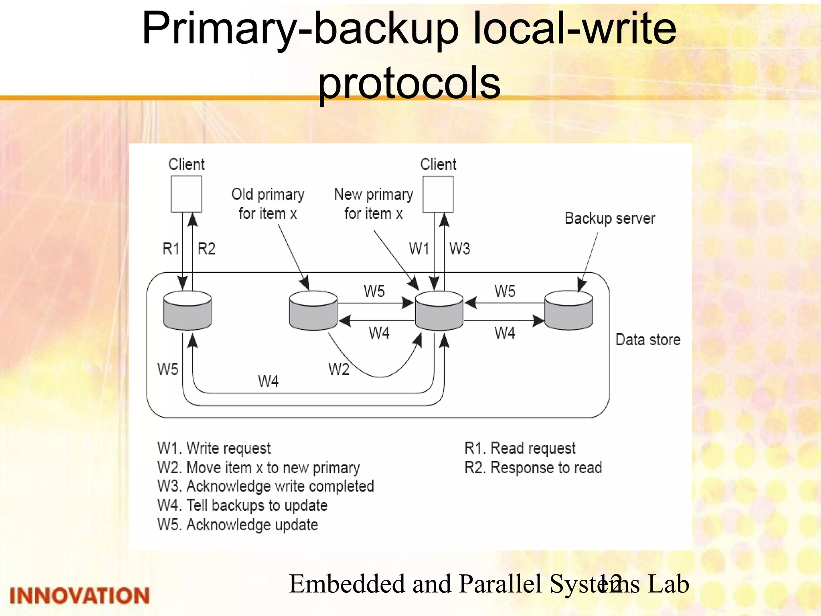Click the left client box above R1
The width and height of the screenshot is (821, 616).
pos(186,194)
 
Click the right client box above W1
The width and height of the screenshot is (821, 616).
pos(438,194)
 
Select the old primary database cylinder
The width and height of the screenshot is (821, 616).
pos(313,311)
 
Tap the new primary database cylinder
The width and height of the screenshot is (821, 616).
pos(439,311)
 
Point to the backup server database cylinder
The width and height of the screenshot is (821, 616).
pos(568,311)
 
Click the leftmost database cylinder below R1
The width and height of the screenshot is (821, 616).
pos(188,311)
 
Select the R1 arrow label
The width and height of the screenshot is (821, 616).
pos(171,249)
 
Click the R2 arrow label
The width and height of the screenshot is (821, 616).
pos(206,249)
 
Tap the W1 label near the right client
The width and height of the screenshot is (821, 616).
pos(419,249)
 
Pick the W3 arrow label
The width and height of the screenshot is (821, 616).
pos(459,249)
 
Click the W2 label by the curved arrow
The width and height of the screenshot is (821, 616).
pos(339,369)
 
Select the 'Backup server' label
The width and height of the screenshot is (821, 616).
pos(610,219)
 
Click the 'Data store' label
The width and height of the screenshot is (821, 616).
pos(648,340)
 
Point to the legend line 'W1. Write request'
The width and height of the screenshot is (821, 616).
pos(214,448)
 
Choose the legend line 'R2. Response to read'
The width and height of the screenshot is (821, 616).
pos(533,468)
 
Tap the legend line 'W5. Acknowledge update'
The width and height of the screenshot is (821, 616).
pos(238,525)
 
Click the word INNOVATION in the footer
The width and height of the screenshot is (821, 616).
pos(79,596)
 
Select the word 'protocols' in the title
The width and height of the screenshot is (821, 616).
pos(409,83)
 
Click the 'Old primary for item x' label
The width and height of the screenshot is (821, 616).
pos(268,204)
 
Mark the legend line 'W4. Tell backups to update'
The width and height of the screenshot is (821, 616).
pos(243,505)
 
